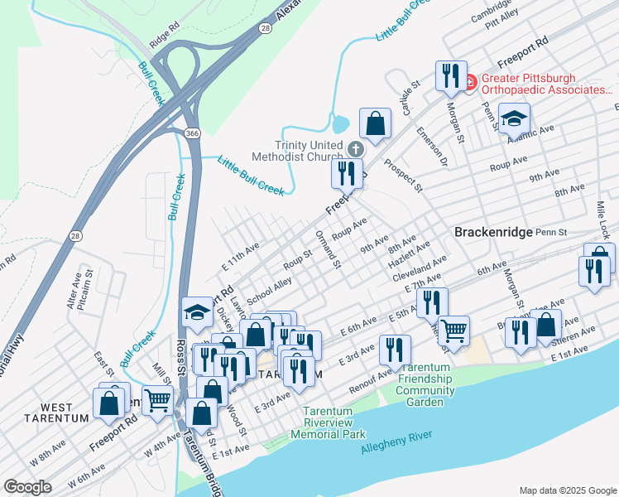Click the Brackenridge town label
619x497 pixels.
tap(493, 233)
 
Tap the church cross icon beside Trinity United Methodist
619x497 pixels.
tap(356, 149)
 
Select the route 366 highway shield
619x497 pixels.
tap(191, 133)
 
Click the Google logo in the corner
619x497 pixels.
tap(28, 487)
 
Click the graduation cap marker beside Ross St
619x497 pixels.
tap(197, 311)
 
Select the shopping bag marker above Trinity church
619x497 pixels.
tap(376, 123)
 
